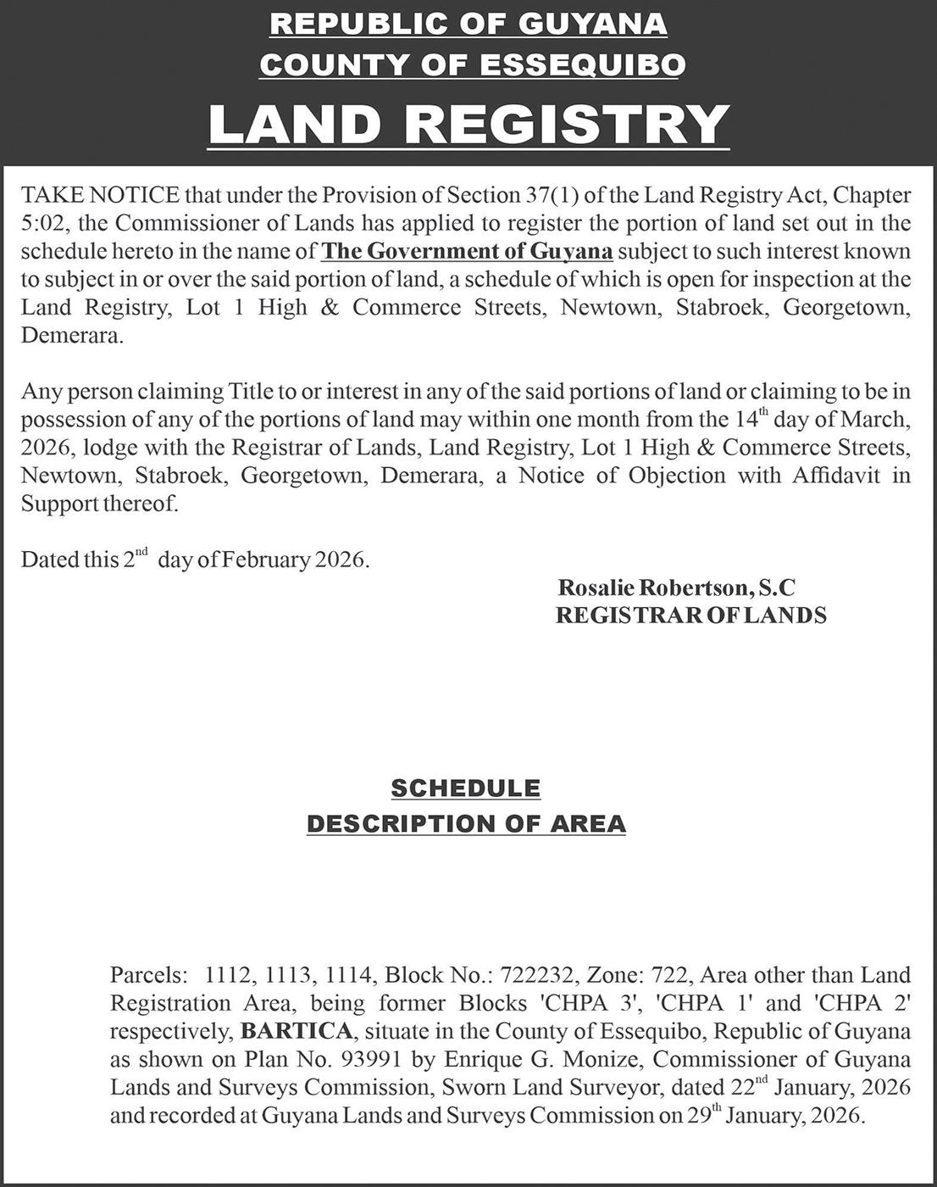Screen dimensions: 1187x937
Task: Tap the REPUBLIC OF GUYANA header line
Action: [468, 24]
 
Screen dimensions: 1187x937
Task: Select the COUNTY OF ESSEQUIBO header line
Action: [472, 64]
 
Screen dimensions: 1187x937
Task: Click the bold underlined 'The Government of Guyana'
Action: [468, 252]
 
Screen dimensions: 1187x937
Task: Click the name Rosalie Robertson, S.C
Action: [676, 588]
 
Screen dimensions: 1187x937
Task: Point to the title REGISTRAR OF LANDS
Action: [690, 616]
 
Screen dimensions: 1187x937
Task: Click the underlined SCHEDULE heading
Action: [465, 789]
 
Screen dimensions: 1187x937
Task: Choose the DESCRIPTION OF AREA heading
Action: [466, 823]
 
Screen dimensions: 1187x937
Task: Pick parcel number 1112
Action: [229, 976]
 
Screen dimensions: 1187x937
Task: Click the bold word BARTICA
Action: [297, 1032]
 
